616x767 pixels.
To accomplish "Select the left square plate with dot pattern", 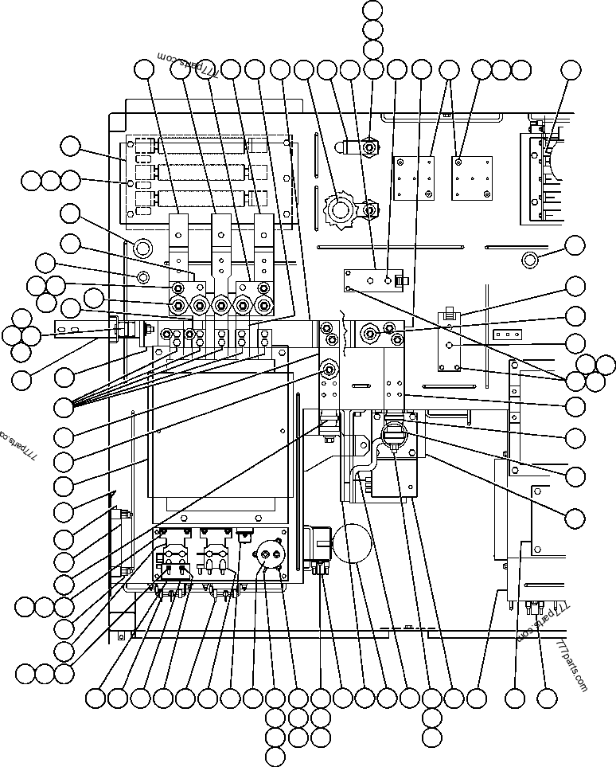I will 414,178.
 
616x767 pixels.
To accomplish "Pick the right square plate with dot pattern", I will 468,178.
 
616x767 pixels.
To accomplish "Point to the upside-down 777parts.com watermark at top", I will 189,65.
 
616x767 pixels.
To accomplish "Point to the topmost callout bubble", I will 372,10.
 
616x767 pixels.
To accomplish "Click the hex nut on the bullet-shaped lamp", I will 368,147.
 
